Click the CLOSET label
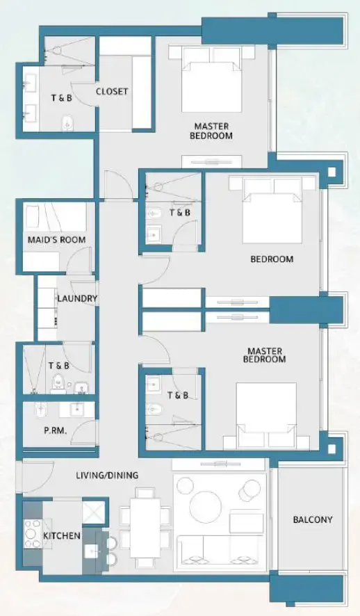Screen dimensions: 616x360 tap(112, 91)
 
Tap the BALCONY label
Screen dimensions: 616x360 tap(312, 519)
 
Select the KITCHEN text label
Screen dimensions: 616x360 tap(62, 536)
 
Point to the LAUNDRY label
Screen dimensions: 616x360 tap(77, 299)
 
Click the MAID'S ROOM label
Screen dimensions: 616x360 tap(57, 240)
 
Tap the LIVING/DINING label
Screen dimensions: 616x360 tap(108, 476)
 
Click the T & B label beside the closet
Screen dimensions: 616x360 tap(60, 98)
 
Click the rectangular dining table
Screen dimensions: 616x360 tap(145, 525)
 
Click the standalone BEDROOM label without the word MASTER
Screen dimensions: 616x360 tap(272, 259)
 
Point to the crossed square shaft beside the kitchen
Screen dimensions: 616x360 tap(92, 512)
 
